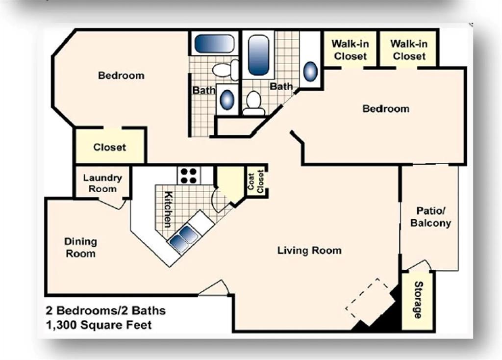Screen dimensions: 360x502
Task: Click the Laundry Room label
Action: tap(102, 183)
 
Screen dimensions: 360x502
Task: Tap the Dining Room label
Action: tap(81, 248)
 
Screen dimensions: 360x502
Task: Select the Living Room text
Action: tap(309, 251)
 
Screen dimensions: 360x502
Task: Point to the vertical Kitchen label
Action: tap(168, 208)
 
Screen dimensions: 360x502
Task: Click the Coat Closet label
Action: tap(255, 182)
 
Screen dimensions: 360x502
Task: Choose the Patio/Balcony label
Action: tap(430, 217)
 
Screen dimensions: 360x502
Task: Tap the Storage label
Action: tap(418, 300)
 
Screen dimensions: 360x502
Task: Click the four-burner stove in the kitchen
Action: tap(189, 175)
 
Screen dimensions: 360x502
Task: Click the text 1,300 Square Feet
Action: tap(99, 325)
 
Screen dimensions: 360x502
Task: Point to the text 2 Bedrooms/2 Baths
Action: tap(106, 310)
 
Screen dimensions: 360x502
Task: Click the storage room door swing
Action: tap(419, 265)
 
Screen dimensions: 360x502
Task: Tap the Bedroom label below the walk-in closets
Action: tap(386, 108)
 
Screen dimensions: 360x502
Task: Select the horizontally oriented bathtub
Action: tap(214, 44)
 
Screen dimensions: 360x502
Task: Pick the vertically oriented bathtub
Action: tap(258, 54)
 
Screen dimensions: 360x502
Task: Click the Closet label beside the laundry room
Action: tap(110, 147)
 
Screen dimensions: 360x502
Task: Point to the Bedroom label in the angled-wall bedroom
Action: tap(121, 76)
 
